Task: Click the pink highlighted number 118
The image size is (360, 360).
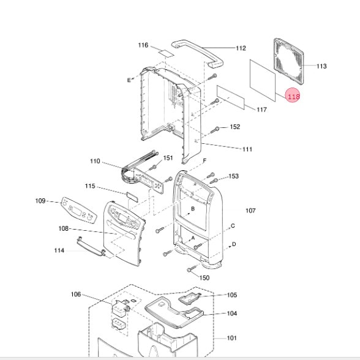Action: (x=293, y=95)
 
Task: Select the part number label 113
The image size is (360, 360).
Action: (x=321, y=66)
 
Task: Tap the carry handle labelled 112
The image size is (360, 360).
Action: (x=197, y=54)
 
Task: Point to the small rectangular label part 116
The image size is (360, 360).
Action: (x=166, y=53)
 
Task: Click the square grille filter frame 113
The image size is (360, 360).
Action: (x=288, y=61)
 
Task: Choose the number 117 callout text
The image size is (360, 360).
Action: (x=261, y=110)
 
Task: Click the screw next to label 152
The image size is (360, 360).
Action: (x=215, y=130)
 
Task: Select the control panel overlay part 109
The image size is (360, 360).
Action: (x=78, y=210)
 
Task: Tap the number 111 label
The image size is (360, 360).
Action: (x=247, y=149)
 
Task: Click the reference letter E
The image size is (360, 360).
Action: (x=129, y=80)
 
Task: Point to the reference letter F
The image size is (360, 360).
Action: (x=204, y=160)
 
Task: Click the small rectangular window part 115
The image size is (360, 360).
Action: (x=132, y=197)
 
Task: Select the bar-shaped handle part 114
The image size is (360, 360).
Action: (x=91, y=247)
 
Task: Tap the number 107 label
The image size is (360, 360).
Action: (x=250, y=211)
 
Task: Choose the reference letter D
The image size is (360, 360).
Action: (x=234, y=244)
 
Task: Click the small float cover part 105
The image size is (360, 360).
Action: (x=190, y=299)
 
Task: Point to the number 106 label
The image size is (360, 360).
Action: (x=76, y=294)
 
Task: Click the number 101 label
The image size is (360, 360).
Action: (x=231, y=338)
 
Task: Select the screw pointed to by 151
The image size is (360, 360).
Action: (x=152, y=167)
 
